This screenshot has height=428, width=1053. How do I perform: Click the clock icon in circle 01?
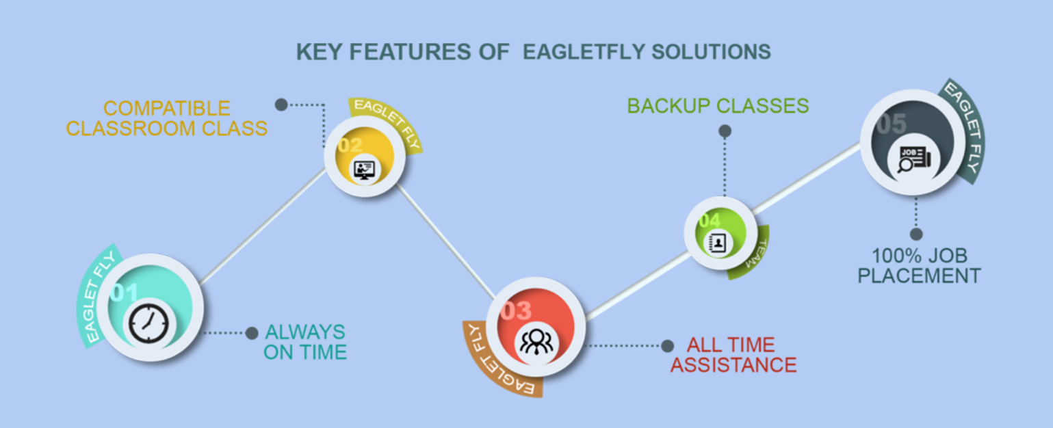(x=148, y=322)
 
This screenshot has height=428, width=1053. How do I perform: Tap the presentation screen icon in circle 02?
(x=363, y=169)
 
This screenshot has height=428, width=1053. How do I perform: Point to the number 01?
(x=125, y=293)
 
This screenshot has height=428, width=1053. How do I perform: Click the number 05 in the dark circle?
(x=891, y=124)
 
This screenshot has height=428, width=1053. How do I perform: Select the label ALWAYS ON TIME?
(x=305, y=342)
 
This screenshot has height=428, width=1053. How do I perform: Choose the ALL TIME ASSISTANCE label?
(x=733, y=355)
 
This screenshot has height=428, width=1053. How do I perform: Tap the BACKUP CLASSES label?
(x=718, y=106)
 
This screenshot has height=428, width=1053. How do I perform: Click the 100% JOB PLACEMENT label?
(x=919, y=266)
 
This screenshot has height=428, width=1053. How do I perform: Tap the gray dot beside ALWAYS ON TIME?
(x=252, y=333)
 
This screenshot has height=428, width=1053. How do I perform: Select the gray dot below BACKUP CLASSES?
(x=725, y=131)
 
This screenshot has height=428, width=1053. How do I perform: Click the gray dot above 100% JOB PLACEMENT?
(x=917, y=235)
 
